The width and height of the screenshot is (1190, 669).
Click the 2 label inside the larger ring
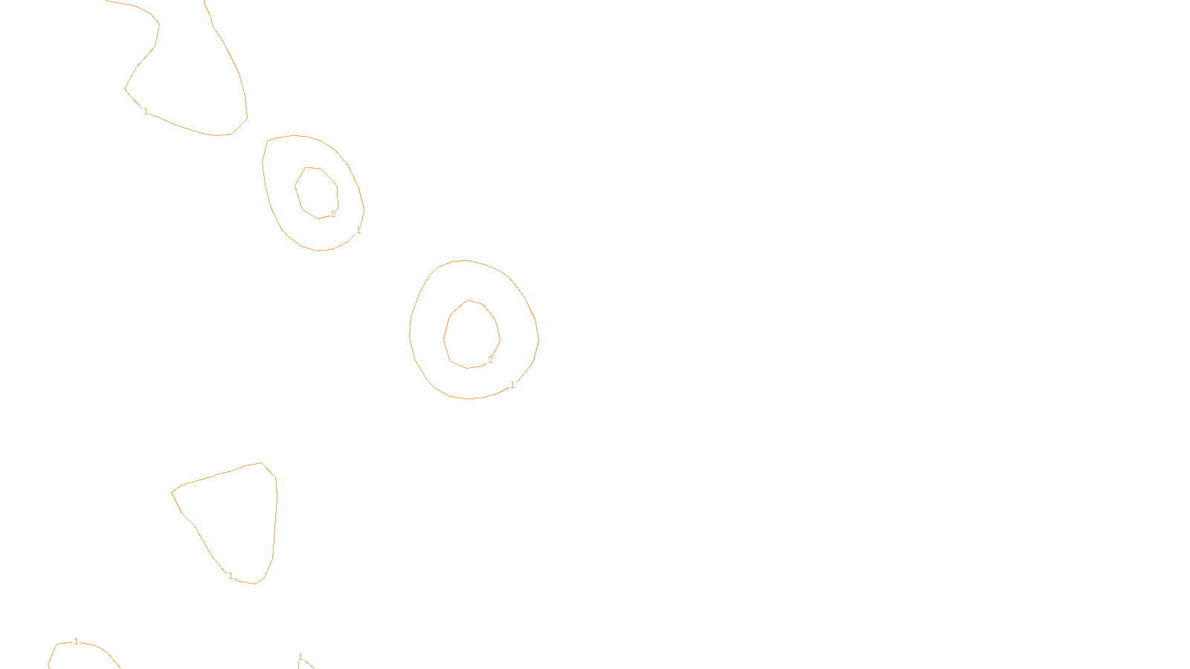pos(490,360)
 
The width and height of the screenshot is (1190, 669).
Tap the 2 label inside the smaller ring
pos(334,214)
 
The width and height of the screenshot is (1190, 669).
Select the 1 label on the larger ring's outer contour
pos(512,385)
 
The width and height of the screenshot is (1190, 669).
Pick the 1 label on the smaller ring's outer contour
pos(358,230)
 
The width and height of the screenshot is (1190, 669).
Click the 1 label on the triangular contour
pos(231,576)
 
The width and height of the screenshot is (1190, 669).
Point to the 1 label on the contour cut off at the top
pos(146,111)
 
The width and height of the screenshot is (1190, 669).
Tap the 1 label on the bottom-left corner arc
pos(76,641)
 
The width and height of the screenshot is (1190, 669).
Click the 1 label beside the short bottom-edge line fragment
pos(300,657)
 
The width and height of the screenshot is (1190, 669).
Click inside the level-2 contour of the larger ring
pos(472,335)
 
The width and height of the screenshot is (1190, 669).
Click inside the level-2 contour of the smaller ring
pos(317,193)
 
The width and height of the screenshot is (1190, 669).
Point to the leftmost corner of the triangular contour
pos(171,493)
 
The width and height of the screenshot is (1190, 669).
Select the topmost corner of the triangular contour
pos(261,462)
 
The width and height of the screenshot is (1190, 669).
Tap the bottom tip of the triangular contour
pos(255,584)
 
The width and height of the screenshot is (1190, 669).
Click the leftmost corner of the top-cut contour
pos(124,88)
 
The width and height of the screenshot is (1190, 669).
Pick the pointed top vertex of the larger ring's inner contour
pos(468,300)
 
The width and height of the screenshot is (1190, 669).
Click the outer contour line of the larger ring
pos(538,340)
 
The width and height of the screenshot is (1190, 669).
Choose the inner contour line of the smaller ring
pos(295,186)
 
